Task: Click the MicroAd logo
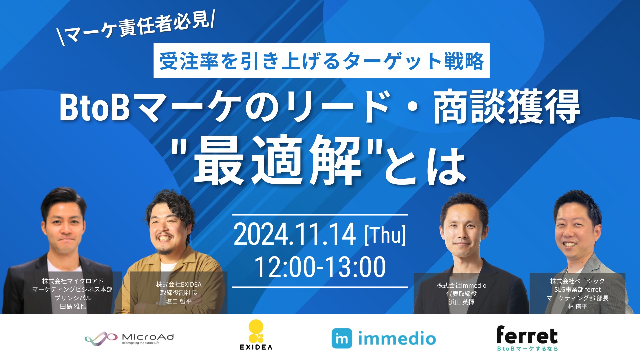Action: [129, 339]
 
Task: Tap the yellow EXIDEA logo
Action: [256, 335]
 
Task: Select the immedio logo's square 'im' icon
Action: [342, 338]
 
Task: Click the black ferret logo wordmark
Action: [527, 335]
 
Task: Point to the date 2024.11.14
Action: [295, 234]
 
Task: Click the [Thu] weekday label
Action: [385, 235]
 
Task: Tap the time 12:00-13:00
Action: [320, 267]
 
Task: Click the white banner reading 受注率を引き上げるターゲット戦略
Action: [321, 61]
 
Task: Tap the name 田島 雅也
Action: [73, 306]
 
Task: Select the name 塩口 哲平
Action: [179, 301]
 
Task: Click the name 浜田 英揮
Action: [462, 302]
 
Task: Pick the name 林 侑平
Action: [578, 306]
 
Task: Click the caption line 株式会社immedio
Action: [462, 285]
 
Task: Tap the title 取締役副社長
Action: [179, 293]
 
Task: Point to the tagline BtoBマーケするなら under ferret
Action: [527, 349]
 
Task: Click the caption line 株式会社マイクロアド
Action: [73, 281]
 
